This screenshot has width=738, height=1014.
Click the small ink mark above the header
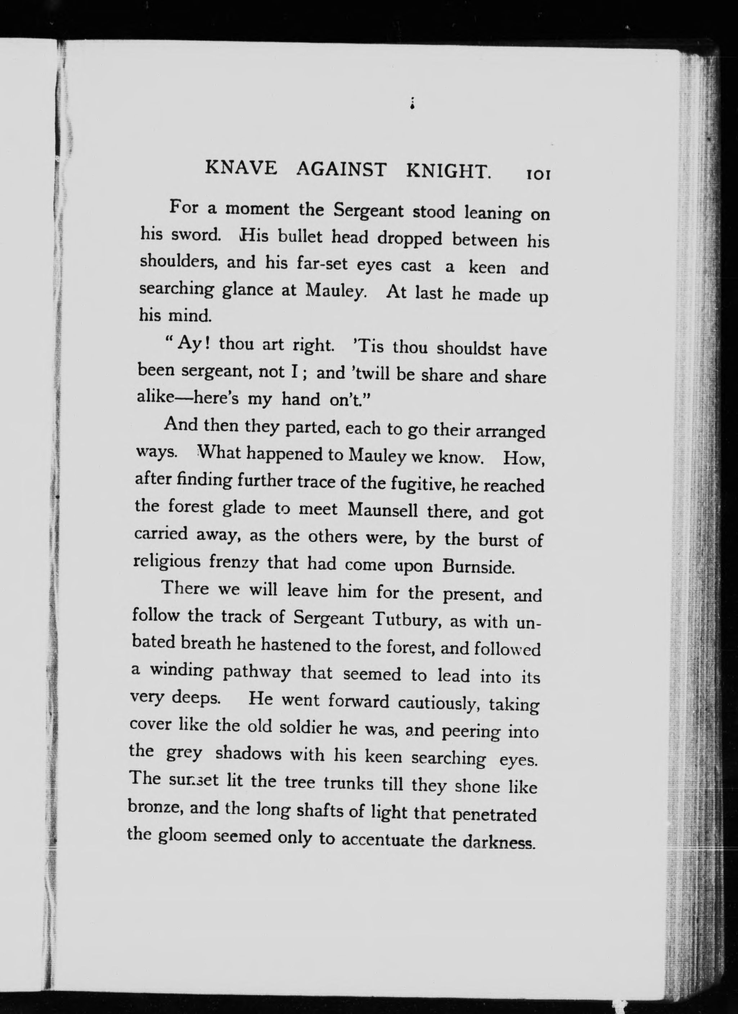coord(411,104)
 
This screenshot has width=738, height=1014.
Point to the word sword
coord(195,235)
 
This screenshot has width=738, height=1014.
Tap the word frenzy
coord(234,562)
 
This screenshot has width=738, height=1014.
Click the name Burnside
coord(478,567)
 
